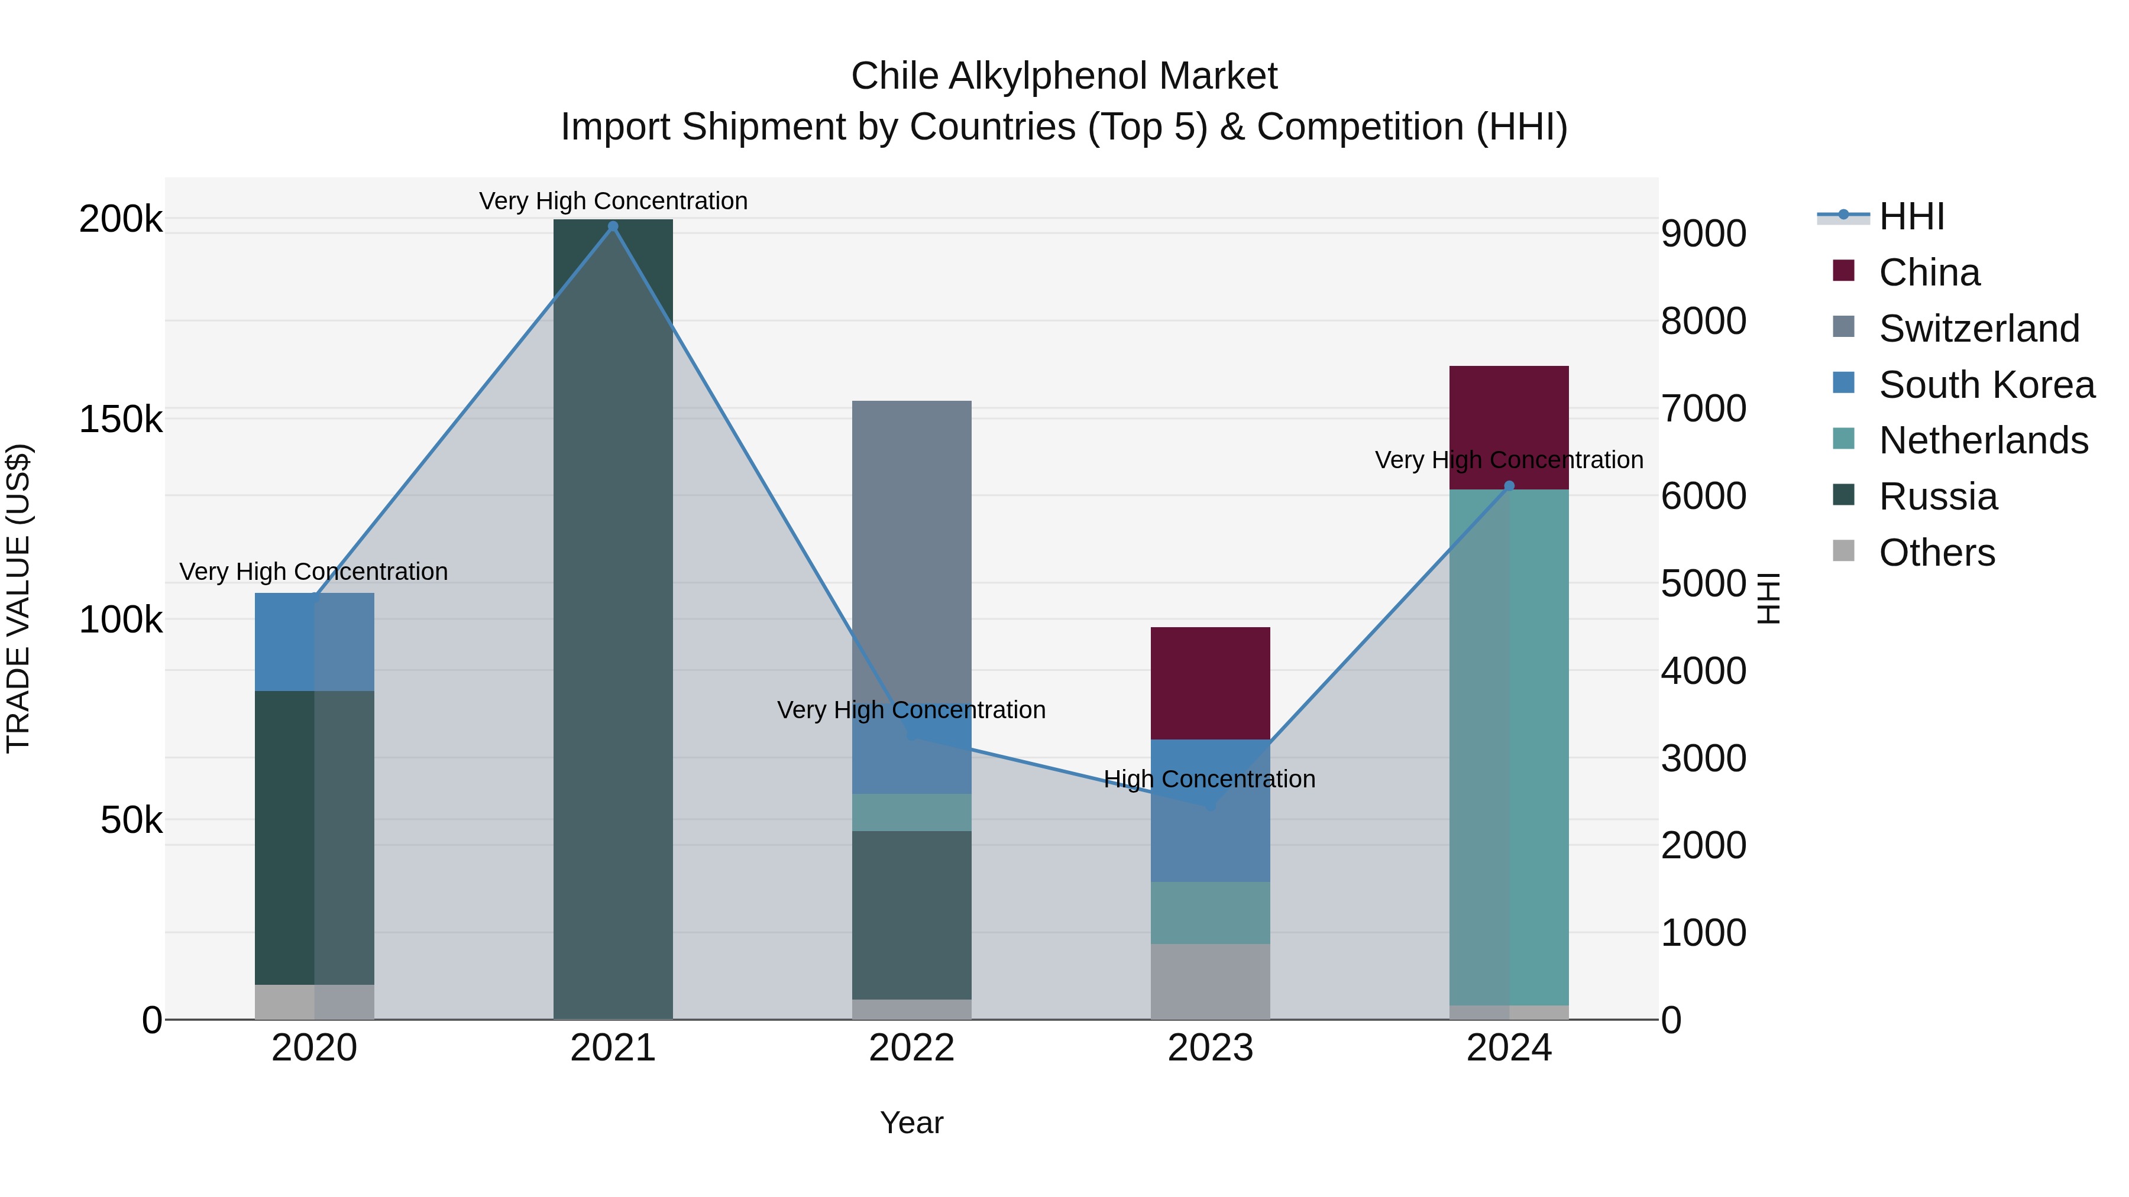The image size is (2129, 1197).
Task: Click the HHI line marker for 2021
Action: pyautogui.click(x=613, y=226)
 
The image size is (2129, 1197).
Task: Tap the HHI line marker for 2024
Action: pyautogui.click(x=1509, y=486)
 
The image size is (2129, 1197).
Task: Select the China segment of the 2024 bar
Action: pyautogui.click(x=1509, y=427)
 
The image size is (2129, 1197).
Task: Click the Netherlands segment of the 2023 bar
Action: pyautogui.click(x=1210, y=912)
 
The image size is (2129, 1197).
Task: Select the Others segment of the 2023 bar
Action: pyautogui.click(x=1210, y=981)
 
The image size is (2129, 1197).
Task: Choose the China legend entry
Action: pyautogui.click(x=1929, y=272)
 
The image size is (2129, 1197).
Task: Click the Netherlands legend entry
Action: pyautogui.click(x=1984, y=440)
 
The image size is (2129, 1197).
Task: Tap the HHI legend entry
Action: pyautogui.click(x=1911, y=216)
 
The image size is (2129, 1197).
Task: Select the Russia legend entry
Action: pyautogui.click(x=1937, y=497)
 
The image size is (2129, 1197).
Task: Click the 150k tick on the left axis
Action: pyautogui.click(x=121, y=420)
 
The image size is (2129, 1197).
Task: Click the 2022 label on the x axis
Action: pyautogui.click(x=911, y=1048)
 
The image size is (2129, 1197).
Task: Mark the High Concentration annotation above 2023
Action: pyautogui.click(x=1209, y=779)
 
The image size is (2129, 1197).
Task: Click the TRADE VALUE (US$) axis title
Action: pyautogui.click(x=18, y=598)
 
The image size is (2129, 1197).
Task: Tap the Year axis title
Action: pyautogui.click(x=911, y=1123)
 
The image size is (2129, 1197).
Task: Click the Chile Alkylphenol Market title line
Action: pyautogui.click(x=1064, y=76)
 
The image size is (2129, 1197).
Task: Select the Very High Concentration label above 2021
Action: pyautogui.click(x=613, y=201)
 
